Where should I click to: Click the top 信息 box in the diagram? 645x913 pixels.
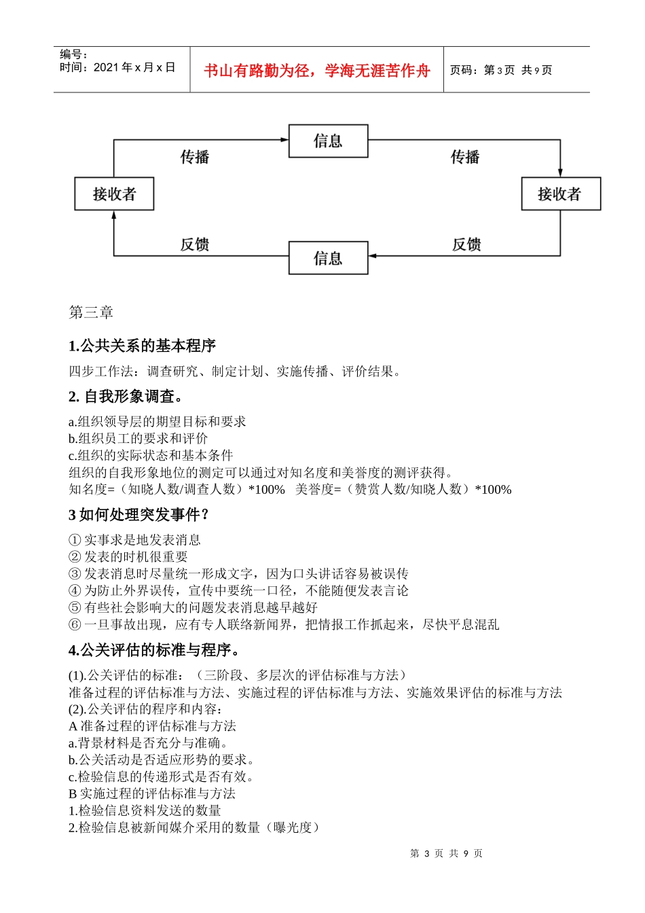pyautogui.click(x=328, y=141)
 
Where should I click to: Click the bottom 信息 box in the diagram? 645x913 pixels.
pyautogui.click(x=328, y=258)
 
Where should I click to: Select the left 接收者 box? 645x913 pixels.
pyautogui.click(x=114, y=194)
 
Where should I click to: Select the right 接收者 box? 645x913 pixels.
pyautogui.click(x=560, y=194)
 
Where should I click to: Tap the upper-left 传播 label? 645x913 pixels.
pyautogui.click(x=195, y=157)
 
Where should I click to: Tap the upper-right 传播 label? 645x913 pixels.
pyautogui.click(x=465, y=157)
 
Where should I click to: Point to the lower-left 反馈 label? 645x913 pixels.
pyautogui.click(x=195, y=245)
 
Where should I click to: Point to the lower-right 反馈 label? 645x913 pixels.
pyautogui.click(x=466, y=245)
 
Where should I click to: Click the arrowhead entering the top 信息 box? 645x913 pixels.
pyautogui.click(x=285, y=140)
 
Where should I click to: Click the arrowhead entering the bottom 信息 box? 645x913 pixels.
pyautogui.click(x=373, y=256)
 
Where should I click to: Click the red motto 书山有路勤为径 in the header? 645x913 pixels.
pyautogui.click(x=317, y=71)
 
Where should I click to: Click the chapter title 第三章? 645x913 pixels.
pyautogui.click(x=91, y=312)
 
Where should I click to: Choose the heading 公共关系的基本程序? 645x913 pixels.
pyautogui.click(x=148, y=346)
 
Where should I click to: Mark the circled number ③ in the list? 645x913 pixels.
pyautogui.click(x=75, y=574)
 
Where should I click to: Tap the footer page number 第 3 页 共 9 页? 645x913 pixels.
pyautogui.click(x=446, y=853)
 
